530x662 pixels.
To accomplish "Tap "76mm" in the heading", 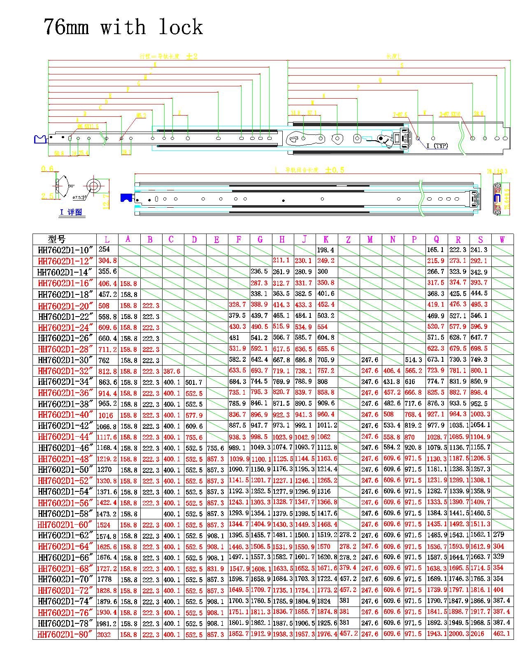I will click(66, 27).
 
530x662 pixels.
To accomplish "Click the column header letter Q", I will click(436, 239).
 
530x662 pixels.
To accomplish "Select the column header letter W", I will click(502, 239).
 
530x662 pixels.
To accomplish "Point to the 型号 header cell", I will click(56, 239).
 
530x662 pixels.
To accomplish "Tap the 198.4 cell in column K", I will click(326, 250).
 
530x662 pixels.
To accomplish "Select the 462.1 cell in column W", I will click(502, 634).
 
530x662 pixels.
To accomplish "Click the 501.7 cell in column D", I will click(194, 382).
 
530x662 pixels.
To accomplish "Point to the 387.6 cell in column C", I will click(172, 371).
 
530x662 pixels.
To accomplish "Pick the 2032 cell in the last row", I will click(104, 634).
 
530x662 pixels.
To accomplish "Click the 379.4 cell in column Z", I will click(348, 568).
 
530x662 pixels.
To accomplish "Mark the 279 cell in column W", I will click(498, 535).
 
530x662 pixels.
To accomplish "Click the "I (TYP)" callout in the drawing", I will click(437, 146).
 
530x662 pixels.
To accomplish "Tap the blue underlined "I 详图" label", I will click(71, 213).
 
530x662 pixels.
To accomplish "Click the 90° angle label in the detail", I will click(71, 186).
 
